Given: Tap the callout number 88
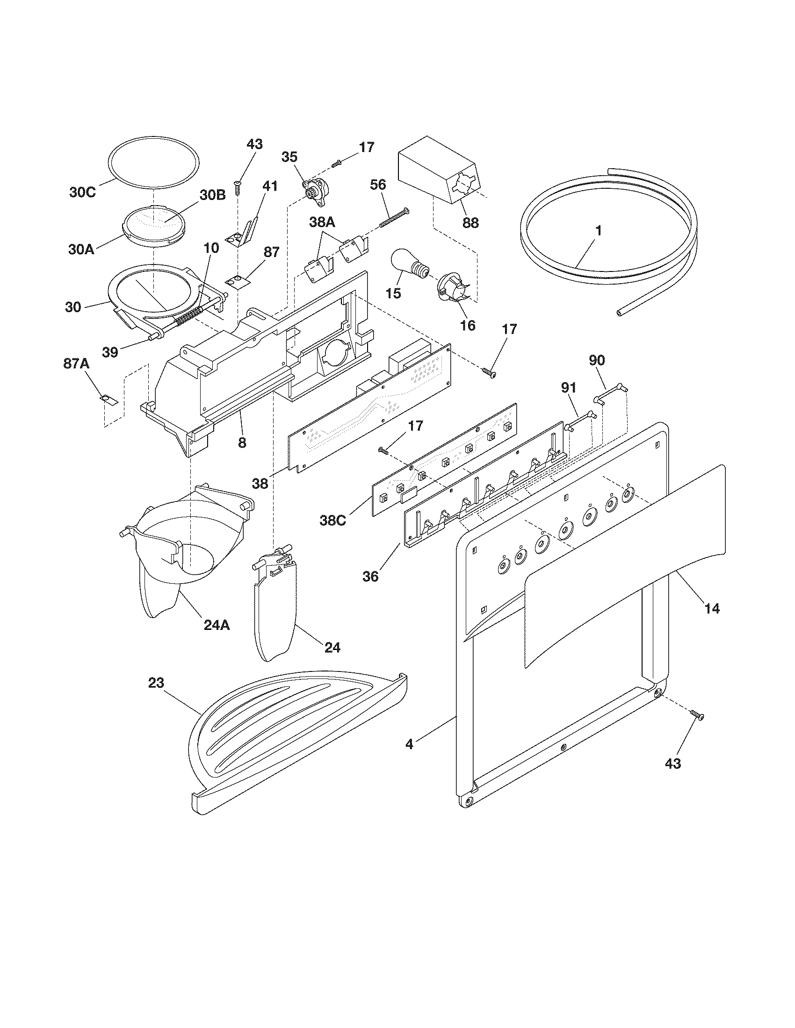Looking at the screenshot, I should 470,222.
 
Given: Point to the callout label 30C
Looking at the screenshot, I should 82,193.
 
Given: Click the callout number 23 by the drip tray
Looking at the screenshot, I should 156,683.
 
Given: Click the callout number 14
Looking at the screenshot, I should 712,608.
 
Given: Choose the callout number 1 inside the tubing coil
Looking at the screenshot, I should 598,231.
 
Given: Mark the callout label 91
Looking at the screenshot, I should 569,388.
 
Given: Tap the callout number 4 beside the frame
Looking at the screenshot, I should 409,745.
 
